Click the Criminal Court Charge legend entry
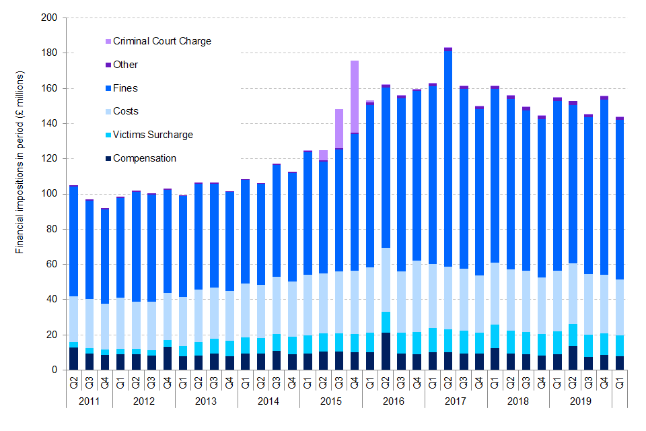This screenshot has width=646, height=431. pos(161,41)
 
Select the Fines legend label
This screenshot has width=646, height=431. pos(126,88)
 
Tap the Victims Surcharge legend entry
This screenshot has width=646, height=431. pos(153,135)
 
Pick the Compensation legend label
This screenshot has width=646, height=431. pos(145,158)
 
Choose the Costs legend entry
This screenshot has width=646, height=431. pos(126,111)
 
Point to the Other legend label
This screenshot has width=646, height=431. pos(126,65)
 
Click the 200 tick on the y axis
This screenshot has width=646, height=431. pos(49,18)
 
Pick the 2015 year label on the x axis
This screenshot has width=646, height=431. pos(331,402)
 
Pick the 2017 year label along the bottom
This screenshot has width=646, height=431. pos(456,402)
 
